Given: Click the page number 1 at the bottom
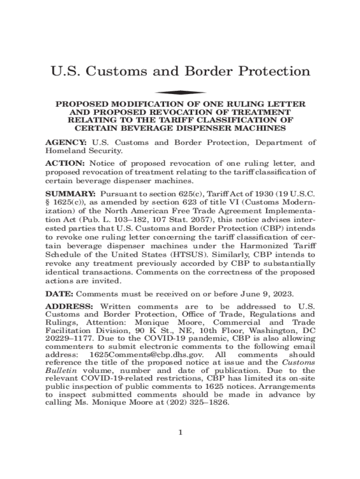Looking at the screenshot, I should tap(180, 432).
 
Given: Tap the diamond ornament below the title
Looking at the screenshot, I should tap(180, 92).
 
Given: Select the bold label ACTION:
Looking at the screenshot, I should tap(65, 163).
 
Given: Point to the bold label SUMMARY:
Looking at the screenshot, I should tap(70, 193).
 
